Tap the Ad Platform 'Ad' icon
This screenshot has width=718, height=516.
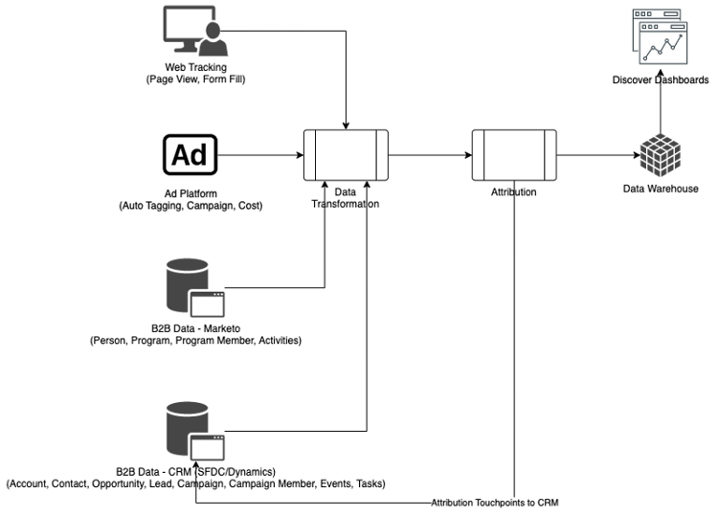click(190, 155)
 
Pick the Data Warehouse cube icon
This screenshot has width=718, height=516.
click(659, 153)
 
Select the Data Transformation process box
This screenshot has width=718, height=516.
click(346, 154)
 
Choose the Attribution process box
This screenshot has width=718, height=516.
click(513, 154)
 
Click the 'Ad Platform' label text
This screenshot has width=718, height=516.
click(190, 194)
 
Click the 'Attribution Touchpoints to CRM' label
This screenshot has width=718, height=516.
click(494, 503)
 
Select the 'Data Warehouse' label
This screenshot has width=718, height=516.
click(660, 189)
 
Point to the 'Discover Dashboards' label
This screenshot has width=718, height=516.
click(660, 79)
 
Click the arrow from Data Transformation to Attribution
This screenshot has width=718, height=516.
click(429, 154)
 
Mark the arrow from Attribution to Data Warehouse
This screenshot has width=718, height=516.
click(595, 154)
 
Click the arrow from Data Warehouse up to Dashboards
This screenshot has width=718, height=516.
click(659, 110)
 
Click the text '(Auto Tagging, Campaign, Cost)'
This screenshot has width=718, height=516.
click(190, 206)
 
